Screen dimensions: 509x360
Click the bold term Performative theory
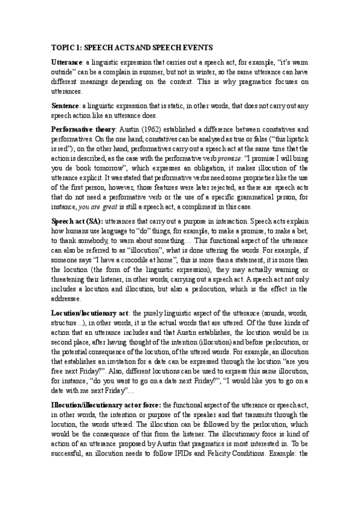click(x=84, y=129)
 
